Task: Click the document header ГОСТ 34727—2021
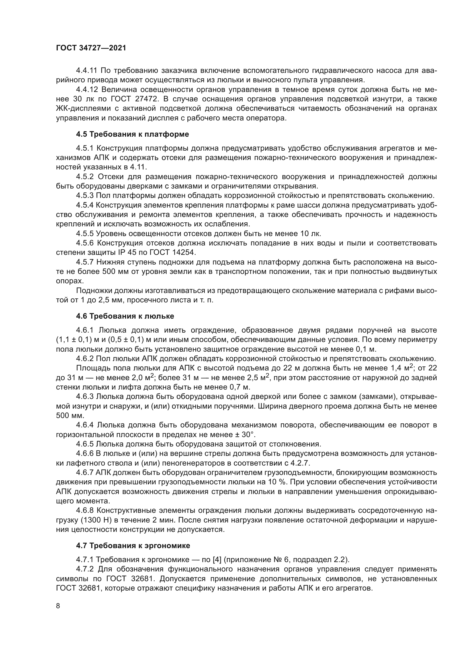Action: tap(91, 48)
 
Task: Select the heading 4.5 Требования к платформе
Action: tap(132, 134)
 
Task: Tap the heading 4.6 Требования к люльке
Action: tap(125, 316)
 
